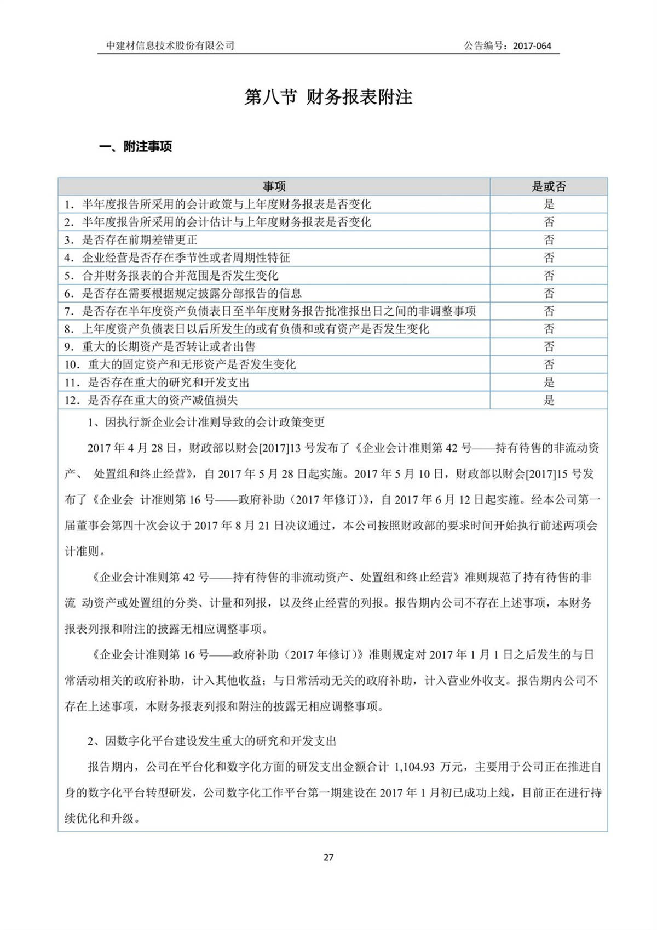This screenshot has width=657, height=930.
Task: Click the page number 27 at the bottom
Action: tap(328, 857)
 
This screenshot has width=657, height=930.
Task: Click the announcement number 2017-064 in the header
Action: tap(532, 46)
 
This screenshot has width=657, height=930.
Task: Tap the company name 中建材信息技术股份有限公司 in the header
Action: tap(170, 46)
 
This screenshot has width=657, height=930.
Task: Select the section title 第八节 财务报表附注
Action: tap(328, 98)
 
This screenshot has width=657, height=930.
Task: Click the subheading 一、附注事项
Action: tap(135, 147)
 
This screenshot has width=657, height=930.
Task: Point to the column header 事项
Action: tap(274, 186)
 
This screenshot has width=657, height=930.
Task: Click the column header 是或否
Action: tap(549, 186)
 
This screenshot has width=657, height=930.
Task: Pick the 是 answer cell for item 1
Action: tap(549, 204)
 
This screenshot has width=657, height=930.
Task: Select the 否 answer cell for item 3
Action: tap(549, 240)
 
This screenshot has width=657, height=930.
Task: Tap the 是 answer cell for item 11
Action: tap(549, 382)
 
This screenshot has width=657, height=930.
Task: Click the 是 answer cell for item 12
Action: tap(549, 400)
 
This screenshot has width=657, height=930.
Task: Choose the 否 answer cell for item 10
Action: tap(549, 364)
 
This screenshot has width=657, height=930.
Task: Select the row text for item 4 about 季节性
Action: tap(186, 258)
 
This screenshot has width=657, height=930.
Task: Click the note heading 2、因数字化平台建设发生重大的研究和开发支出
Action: tap(212, 741)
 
